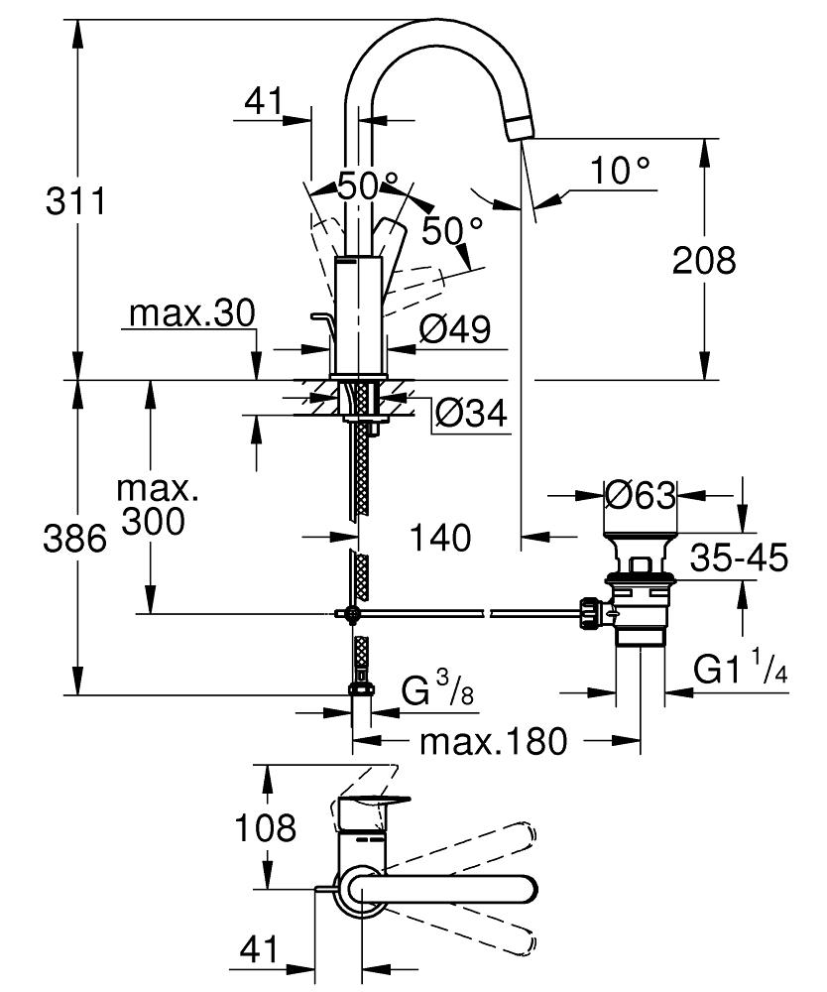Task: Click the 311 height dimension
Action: point(75,202)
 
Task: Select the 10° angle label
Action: point(622,171)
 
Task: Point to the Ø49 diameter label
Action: point(454,329)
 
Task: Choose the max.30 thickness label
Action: point(191,314)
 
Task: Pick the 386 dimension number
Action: point(75,540)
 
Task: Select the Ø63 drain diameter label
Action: point(640,494)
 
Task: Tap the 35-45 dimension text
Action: point(739,558)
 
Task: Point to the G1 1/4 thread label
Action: point(740,671)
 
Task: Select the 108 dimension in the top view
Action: point(266,827)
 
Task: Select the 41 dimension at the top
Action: point(262,101)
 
